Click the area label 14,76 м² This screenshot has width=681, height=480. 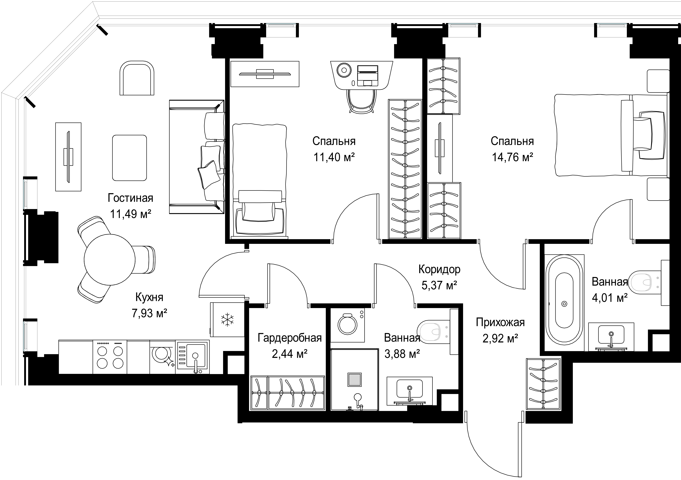[513, 157]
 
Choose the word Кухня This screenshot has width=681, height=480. [149, 297]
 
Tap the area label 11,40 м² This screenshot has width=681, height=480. [334, 157]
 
